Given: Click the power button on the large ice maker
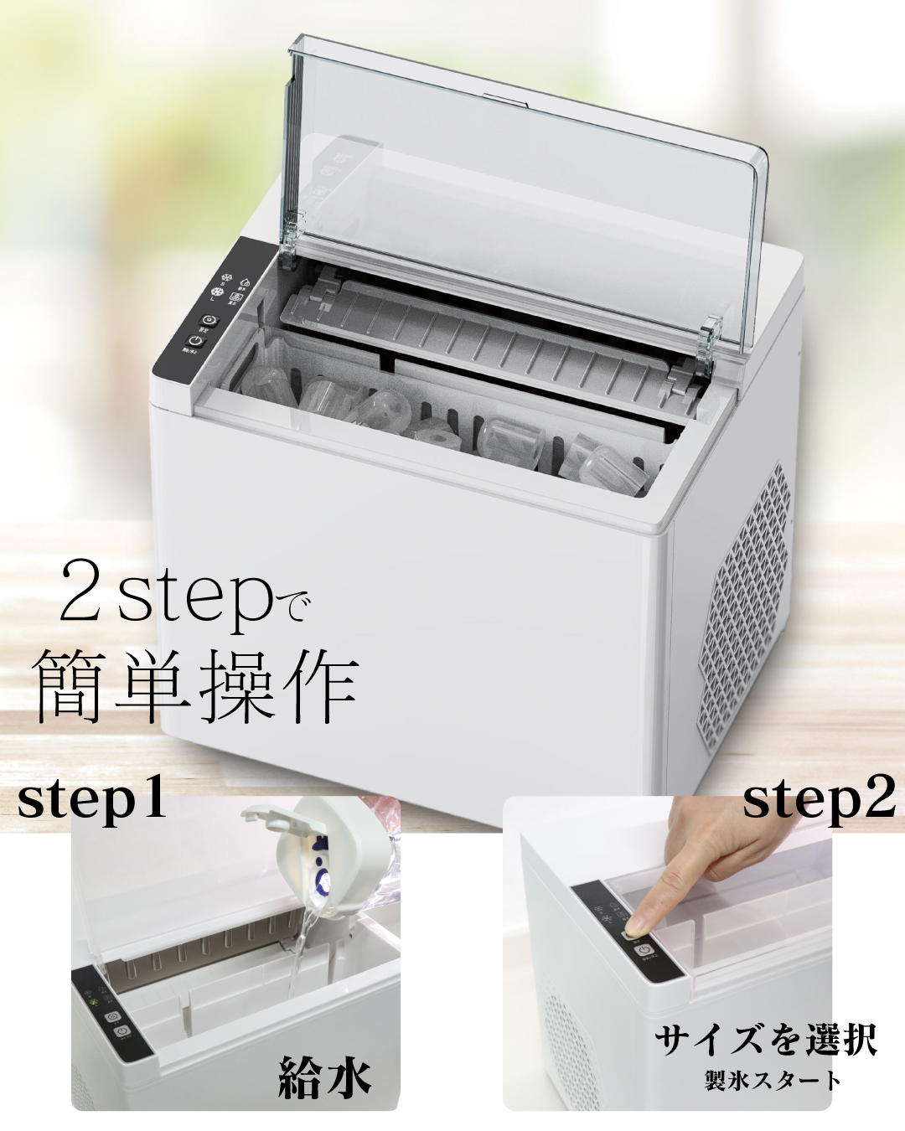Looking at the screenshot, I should pyautogui.click(x=194, y=342).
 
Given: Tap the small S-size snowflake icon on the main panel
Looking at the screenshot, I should pyautogui.click(x=225, y=278).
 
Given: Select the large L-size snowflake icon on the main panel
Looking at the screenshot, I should pyautogui.click(x=217, y=293).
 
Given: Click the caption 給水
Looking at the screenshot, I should pyautogui.click(x=324, y=1077).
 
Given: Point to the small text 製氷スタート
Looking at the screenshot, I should pyautogui.click(x=772, y=1080).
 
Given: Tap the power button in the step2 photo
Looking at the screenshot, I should pyautogui.click(x=644, y=950).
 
